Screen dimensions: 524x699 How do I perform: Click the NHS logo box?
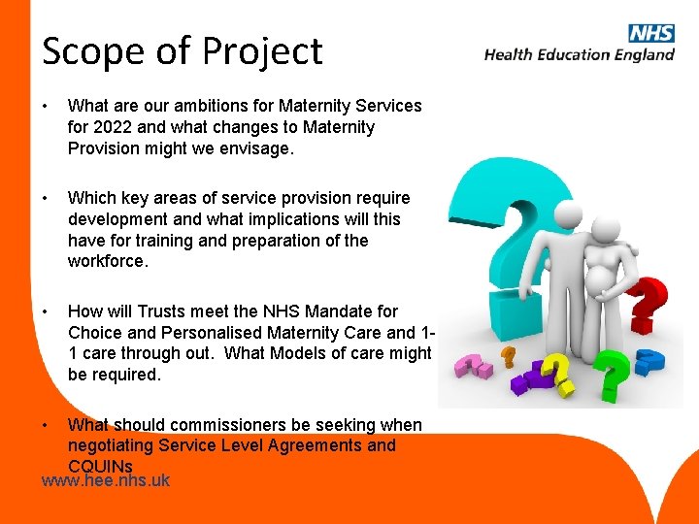point(650,33)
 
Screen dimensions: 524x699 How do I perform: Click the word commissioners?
point(238,425)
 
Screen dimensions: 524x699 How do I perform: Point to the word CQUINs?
point(100,466)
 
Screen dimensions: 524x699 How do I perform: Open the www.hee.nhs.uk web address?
point(106,480)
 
